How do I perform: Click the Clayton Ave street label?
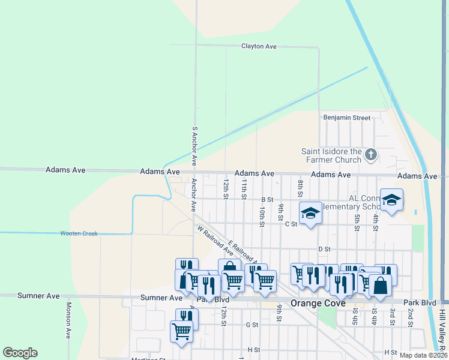click(x=259, y=46)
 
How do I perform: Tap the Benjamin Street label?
click(x=347, y=118)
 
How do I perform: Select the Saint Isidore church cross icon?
click(x=371, y=155)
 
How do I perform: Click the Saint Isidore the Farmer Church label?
click(x=332, y=155)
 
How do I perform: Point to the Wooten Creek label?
click(x=79, y=233)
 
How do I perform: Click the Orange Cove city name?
click(x=318, y=303)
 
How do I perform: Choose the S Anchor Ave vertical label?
click(x=194, y=146)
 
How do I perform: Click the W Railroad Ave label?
click(x=215, y=239)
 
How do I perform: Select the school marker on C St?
click(x=310, y=213)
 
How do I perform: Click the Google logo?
click(x=20, y=353)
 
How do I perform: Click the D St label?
click(x=325, y=248)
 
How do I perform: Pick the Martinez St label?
click(x=149, y=359)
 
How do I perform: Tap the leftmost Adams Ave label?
click(x=65, y=170)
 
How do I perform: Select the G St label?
click(x=252, y=325)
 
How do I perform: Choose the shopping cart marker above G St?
click(x=181, y=330)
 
